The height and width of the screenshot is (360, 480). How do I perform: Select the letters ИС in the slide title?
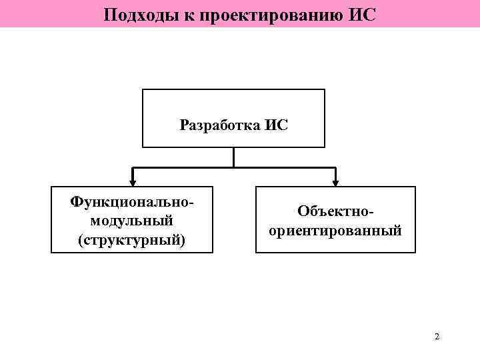point(362,13)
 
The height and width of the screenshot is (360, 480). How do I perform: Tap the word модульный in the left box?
point(131,219)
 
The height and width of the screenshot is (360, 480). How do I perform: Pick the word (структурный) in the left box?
point(131,239)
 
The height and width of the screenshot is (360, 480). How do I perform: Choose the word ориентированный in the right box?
point(335,231)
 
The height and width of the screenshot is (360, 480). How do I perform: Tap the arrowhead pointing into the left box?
point(133,181)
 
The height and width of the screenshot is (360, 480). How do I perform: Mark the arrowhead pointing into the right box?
point(335,181)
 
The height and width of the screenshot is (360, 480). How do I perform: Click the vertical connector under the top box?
point(233,156)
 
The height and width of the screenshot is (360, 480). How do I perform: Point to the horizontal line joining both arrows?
point(280,166)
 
